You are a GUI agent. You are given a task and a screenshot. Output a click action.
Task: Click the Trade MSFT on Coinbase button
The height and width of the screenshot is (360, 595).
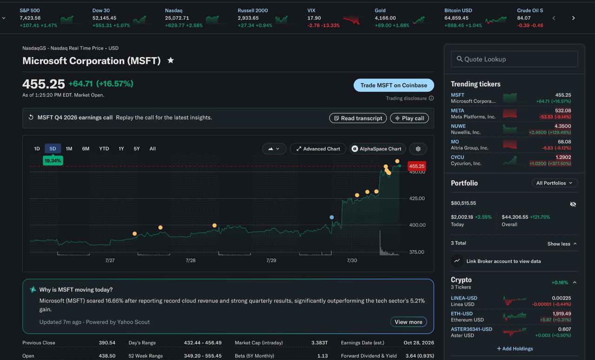(x=394, y=85)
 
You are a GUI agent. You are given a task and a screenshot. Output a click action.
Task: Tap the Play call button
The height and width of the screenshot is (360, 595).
(x=410, y=118)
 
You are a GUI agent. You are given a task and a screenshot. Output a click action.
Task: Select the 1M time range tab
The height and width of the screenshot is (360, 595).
(x=69, y=149)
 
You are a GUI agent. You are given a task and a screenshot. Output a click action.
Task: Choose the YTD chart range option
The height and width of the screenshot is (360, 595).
(x=104, y=149)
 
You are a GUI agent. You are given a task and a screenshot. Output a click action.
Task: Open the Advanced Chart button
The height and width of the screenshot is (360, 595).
(x=318, y=149)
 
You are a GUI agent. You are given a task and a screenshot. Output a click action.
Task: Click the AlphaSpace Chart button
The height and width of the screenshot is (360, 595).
(x=377, y=149)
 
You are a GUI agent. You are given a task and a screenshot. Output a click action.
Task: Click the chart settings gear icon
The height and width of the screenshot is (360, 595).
(x=418, y=149)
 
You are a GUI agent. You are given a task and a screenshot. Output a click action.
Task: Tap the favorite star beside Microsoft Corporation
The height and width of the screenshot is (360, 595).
(x=171, y=60)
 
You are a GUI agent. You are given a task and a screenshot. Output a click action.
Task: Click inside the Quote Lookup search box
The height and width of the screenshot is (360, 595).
(x=514, y=59)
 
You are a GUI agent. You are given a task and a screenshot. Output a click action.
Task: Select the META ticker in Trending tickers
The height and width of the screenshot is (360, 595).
(x=457, y=111)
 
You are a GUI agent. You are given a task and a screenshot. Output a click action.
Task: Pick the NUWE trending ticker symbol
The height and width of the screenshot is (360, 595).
(x=458, y=126)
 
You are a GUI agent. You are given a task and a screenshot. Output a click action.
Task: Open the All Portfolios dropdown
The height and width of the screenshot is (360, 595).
(x=555, y=183)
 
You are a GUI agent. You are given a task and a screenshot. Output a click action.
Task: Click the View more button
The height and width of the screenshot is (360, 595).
(x=409, y=322)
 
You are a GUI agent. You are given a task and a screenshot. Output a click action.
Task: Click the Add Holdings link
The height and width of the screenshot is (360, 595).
(x=515, y=348)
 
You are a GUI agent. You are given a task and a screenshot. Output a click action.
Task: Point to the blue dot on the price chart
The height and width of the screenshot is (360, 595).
(x=332, y=217)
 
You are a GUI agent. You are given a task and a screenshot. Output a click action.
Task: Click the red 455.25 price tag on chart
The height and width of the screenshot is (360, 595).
(x=417, y=166)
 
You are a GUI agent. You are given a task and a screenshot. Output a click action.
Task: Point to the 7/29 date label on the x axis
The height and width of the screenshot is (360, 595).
(x=271, y=261)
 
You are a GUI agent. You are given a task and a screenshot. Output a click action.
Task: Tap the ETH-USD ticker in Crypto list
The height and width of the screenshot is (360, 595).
(x=462, y=314)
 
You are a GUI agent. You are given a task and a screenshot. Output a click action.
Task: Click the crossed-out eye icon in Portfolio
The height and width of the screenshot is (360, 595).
(x=573, y=204)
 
